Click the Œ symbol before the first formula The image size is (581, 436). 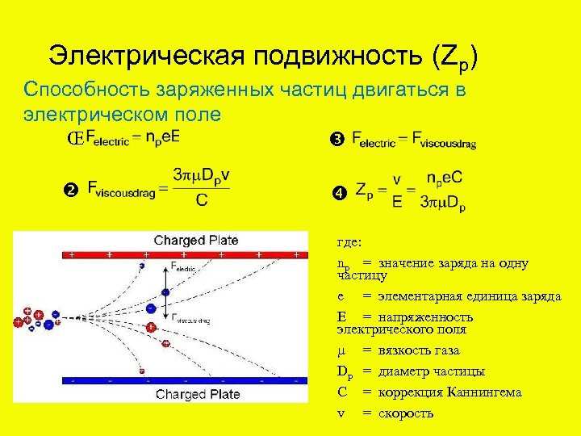(x=75, y=139)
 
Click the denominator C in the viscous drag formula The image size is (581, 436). (x=200, y=202)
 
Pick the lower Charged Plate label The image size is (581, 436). (x=198, y=394)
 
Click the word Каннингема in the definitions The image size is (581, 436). (x=489, y=392)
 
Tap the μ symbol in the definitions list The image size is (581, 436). (x=341, y=350)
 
